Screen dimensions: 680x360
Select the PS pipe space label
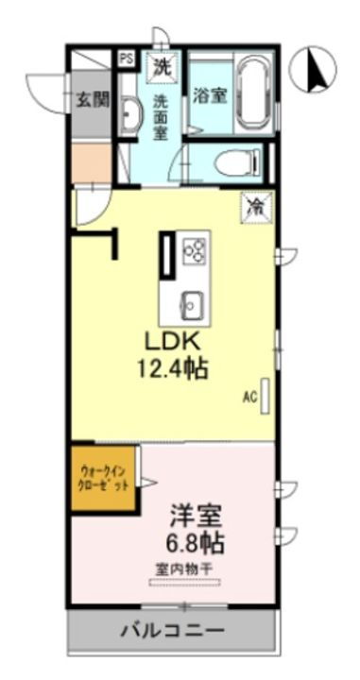pyautogui.click(x=126, y=59)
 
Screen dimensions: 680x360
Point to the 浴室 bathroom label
pyautogui.click(x=208, y=95)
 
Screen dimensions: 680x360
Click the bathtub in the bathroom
pyautogui.click(x=251, y=94)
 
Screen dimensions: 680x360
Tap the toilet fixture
pyautogui.click(x=237, y=163)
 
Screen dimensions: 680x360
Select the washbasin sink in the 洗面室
pyautogui.click(x=131, y=117)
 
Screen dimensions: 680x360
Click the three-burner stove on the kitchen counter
pyautogui.click(x=196, y=249)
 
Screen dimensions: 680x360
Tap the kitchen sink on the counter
pyautogui.click(x=192, y=303)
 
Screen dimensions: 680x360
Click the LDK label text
pyautogui.click(x=174, y=341)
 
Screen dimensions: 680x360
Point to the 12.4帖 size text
pyautogui.click(x=174, y=369)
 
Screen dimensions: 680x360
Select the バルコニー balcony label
pyautogui.click(x=172, y=629)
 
